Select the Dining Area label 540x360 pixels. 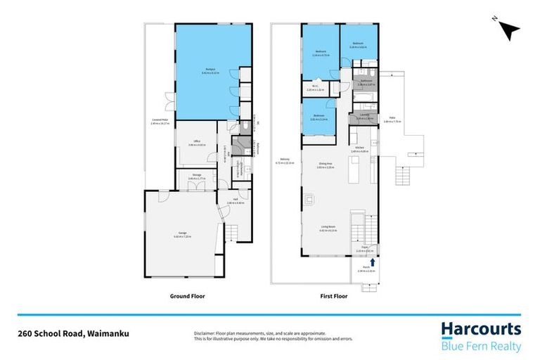[324, 167]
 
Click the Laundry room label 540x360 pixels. [364, 116]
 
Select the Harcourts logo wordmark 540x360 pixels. [481, 329]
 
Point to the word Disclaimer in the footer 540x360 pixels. [205, 333]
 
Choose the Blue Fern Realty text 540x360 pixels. [481, 346]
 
